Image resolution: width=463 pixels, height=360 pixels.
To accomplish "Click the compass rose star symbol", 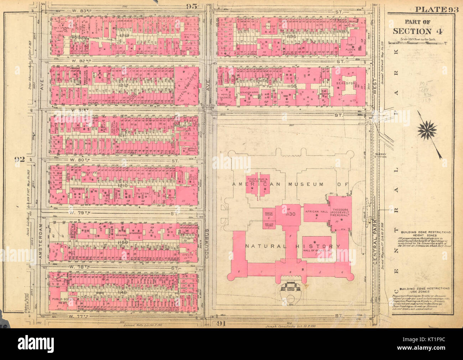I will (427, 130).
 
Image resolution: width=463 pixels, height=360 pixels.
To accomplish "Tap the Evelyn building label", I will (187, 255).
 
